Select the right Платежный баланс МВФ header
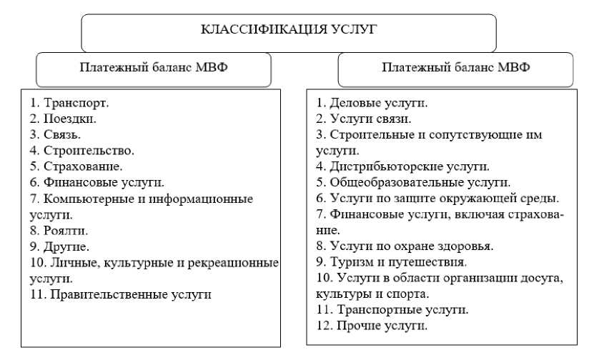455,69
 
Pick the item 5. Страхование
71,166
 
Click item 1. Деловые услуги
372,104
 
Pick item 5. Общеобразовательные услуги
413,183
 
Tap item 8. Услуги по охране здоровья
405,246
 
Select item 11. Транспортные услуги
392,310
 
